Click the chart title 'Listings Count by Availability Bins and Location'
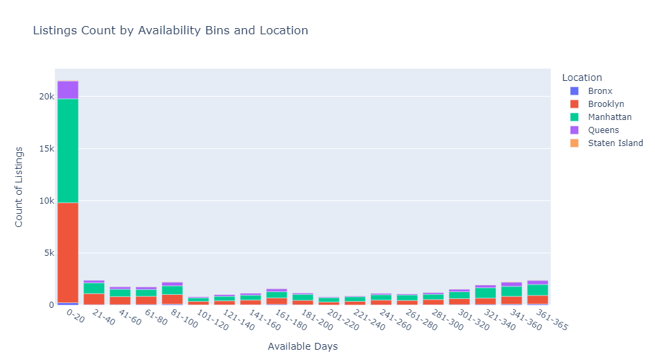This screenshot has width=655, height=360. click(x=170, y=31)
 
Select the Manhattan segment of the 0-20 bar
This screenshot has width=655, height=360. click(x=68, y=151)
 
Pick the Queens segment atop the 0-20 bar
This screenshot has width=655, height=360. click(x=68, y=90)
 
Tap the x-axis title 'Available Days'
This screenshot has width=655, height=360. click(x=302, y=347)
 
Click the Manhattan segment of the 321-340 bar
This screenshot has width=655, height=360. click(x=486, y=293)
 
